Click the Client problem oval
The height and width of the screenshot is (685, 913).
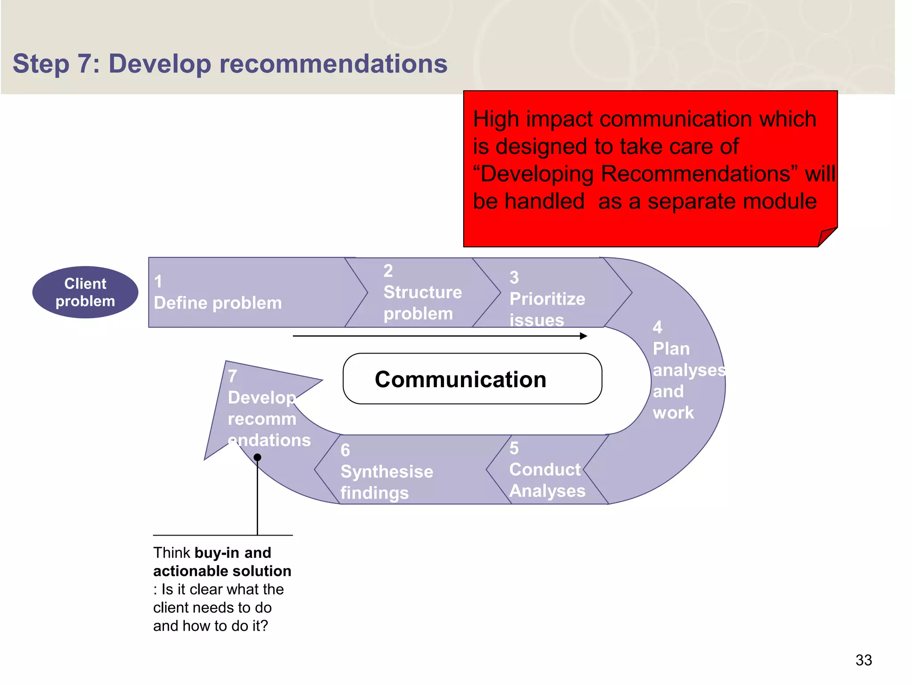[x=85, y=293]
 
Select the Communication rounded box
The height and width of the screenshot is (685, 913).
[x=472, y=379]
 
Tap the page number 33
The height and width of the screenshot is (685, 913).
[x=864, y=660]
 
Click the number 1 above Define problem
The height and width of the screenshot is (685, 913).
[x=158, y=282]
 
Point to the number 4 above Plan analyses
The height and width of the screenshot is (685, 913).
[x=658, y=327]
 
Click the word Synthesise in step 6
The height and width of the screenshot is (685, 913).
[x=387, y=472]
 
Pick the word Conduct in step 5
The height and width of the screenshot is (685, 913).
[x=545, y=470]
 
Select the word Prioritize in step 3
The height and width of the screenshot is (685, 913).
[x=547, y=299]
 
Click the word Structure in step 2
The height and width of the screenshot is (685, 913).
[x=423, y=292]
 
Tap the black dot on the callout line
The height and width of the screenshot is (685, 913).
[x=257, y=457]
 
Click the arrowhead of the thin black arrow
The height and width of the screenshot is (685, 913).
[x=584, y=336]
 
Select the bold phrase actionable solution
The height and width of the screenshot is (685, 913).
[x=222, y=571]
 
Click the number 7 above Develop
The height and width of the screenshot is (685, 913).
[x=233, y=376]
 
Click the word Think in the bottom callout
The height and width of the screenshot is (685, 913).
[x=172, y=553]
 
